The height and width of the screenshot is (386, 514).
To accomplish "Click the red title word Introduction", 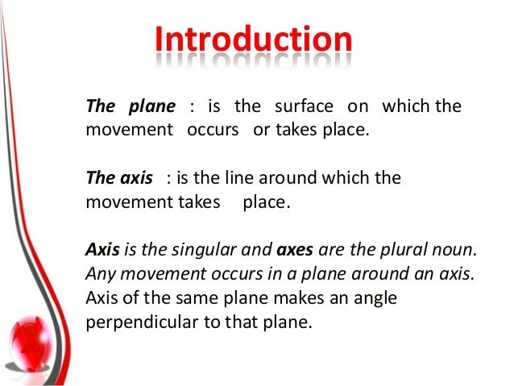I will [x=253, y=40].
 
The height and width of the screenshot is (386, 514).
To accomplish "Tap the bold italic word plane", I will [x=152, y=107].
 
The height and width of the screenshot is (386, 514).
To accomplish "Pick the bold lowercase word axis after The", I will [x=136, y=177].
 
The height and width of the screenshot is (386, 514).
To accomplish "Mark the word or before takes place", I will [x=261, y=130].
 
